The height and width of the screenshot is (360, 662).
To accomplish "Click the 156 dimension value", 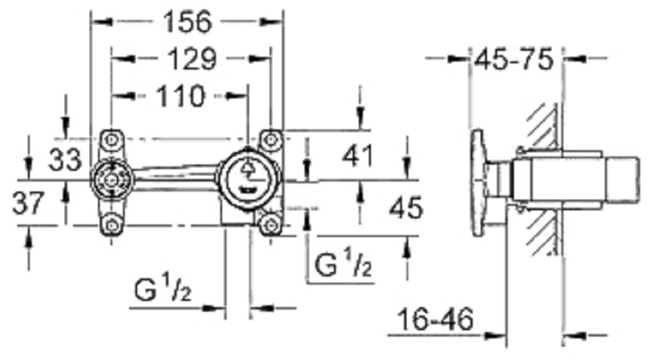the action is point(188,22).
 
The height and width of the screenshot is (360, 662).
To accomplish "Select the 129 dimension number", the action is point(192,58).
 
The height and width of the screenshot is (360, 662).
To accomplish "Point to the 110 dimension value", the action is point(180,96).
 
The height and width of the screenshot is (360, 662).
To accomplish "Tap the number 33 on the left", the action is point(65,160).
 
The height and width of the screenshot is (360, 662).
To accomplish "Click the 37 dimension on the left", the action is point(28,203).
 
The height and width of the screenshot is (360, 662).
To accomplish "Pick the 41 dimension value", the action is point(358,156).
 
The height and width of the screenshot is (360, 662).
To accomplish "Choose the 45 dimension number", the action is point(406,207).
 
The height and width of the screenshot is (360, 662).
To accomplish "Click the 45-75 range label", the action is point(513,59).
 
